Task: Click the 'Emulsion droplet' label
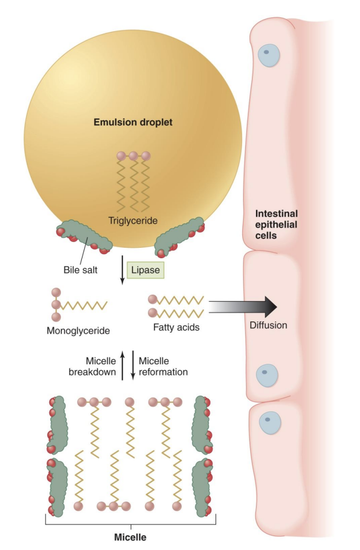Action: [x=133, y=122]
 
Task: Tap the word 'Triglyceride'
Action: [x=134, y=220]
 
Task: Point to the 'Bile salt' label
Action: [x=81, y=270]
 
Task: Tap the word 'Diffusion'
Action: [x=268, y=325]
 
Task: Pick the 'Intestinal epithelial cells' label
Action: [x=276, y=224]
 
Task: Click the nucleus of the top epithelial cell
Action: [x=267, y=55]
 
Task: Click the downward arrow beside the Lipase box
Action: [x=123, y=271]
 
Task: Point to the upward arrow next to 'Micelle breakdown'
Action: [x=123, y=366]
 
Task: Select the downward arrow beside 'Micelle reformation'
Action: [x=133, y=366]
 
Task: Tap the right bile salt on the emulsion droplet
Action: [x=181, y=236]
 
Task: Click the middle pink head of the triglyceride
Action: [x=133, y=156]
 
